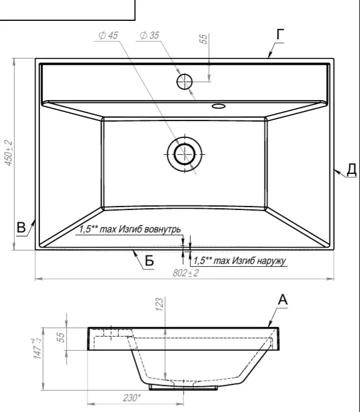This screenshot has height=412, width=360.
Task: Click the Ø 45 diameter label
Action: point(108,35)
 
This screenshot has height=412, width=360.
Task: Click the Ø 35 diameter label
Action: point(149,35)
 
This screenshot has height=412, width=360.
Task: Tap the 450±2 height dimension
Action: point(8,153)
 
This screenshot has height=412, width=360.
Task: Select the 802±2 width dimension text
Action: point(186,273)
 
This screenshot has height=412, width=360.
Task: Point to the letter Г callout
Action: point(281,35)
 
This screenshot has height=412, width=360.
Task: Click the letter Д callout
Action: point(352,169)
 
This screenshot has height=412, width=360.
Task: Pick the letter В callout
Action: point(21,227)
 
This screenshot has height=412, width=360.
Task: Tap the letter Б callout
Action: point(149,261)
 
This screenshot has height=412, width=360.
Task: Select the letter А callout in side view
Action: point(283,299)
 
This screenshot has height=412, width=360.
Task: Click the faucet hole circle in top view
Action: point(184,82)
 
